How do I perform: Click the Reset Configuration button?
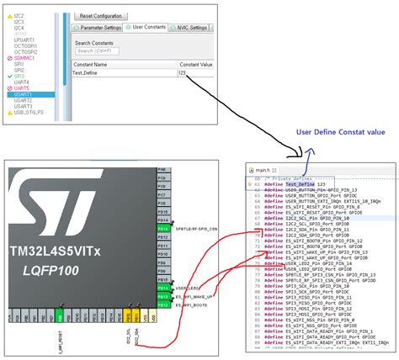coord(99,16)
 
